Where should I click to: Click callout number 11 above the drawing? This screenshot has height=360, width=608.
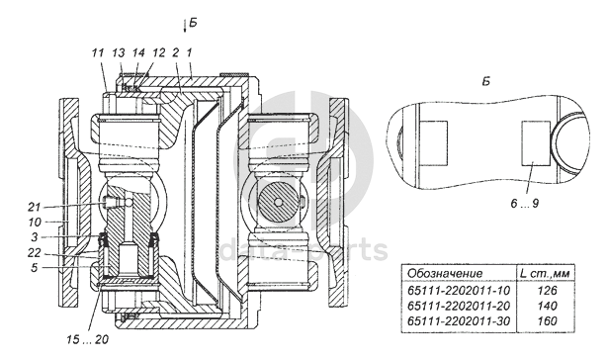[99, 52]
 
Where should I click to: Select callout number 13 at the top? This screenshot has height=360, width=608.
[119, 52]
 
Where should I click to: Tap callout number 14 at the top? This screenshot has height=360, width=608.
[138, 52]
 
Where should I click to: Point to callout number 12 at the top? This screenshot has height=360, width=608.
[158, 52]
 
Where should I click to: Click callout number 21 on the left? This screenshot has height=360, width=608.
[35, 207]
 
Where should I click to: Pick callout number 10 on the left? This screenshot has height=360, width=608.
[35, 222]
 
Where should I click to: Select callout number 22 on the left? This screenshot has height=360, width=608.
[35, 252]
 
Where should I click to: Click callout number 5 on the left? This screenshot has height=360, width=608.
[35, 268]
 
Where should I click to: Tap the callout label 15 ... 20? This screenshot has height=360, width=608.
[88, 340]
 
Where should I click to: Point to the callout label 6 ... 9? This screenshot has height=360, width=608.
[525, 203]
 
